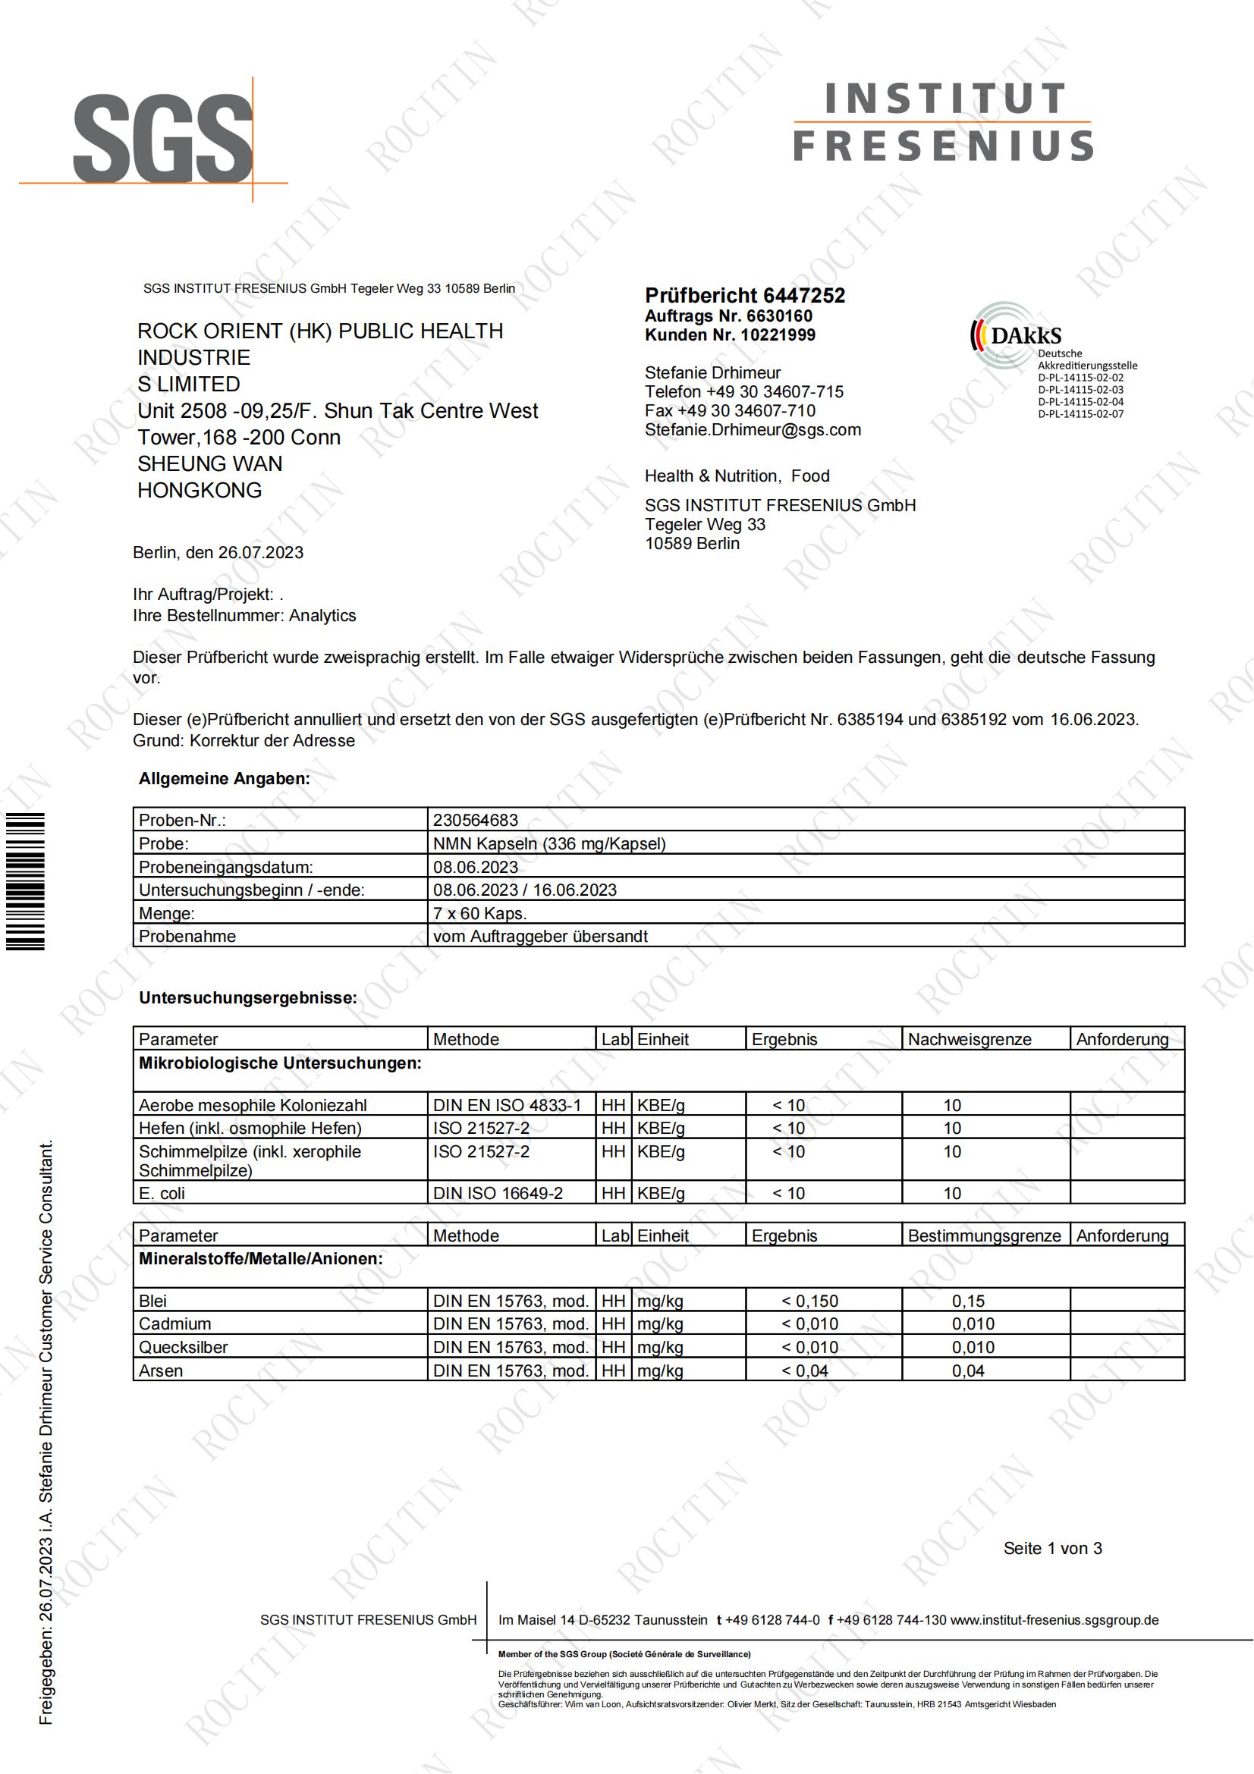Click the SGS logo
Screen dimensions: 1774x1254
163,139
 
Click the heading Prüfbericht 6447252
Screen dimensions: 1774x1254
744,295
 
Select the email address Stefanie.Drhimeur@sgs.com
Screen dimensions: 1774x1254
753,429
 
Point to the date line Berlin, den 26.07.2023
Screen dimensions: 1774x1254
218,552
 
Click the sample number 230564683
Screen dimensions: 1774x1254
475,820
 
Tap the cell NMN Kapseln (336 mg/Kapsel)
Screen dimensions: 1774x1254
549,843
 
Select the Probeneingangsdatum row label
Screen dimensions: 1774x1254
225,867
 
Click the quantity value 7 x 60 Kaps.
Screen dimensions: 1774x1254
479,913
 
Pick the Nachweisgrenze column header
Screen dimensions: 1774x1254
969,1039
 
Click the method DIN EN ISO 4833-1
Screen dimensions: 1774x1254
507,1105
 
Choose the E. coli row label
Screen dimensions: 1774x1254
162,1193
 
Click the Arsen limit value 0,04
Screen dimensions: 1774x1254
967,1371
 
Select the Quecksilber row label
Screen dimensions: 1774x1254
183,1348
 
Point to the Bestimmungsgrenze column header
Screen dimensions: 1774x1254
984,1236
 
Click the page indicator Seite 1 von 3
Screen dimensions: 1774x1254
1052,1549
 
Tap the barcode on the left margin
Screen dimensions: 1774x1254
26,881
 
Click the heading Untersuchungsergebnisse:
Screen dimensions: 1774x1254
248,997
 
